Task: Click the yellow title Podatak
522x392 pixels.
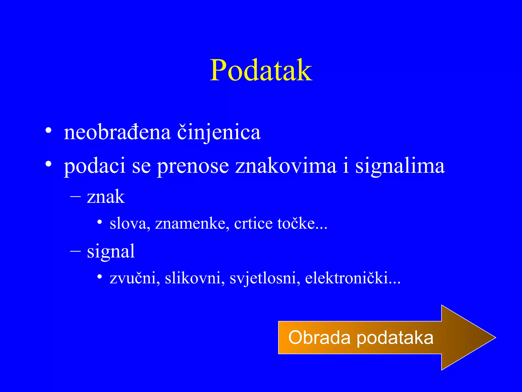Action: click(261, 70)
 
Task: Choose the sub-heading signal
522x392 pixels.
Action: click(111, 251)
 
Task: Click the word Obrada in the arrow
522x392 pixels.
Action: click(319, 337)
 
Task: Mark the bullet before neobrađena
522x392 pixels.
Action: click(48, 130)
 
